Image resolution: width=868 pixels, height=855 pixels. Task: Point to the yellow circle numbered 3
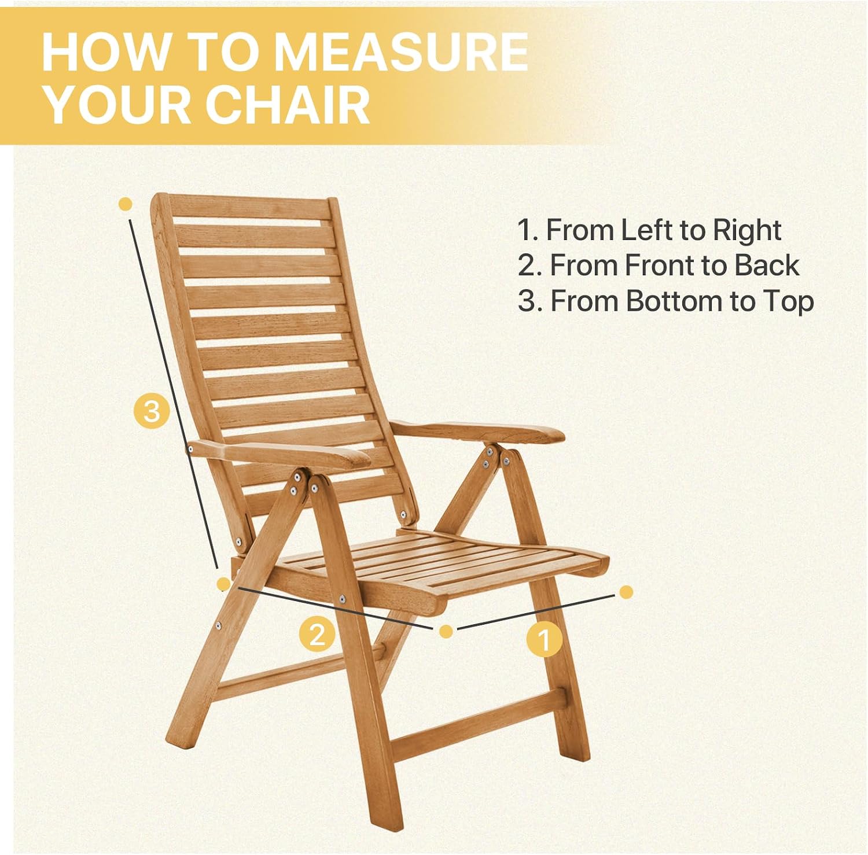click(151, 411)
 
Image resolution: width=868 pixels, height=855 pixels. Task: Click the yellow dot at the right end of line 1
click(626, 592)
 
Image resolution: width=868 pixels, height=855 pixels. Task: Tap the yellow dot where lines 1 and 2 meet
click(446, 631)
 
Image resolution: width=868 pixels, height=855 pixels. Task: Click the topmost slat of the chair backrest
click(252, 210)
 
